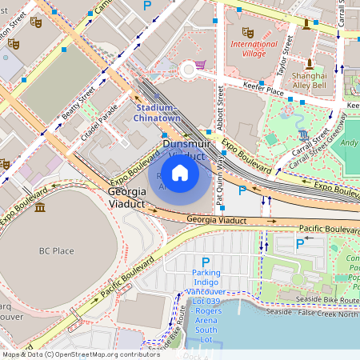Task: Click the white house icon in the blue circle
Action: [x=180, y=172]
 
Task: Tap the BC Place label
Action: [x=57, y=250]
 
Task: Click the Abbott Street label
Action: [x=221, y=104]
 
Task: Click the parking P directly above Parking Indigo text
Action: [x=206, y=262]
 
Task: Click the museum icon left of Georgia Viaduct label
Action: [x=40, y=207]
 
